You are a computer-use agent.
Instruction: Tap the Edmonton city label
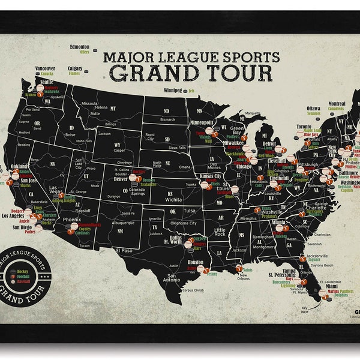pos(79,46)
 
